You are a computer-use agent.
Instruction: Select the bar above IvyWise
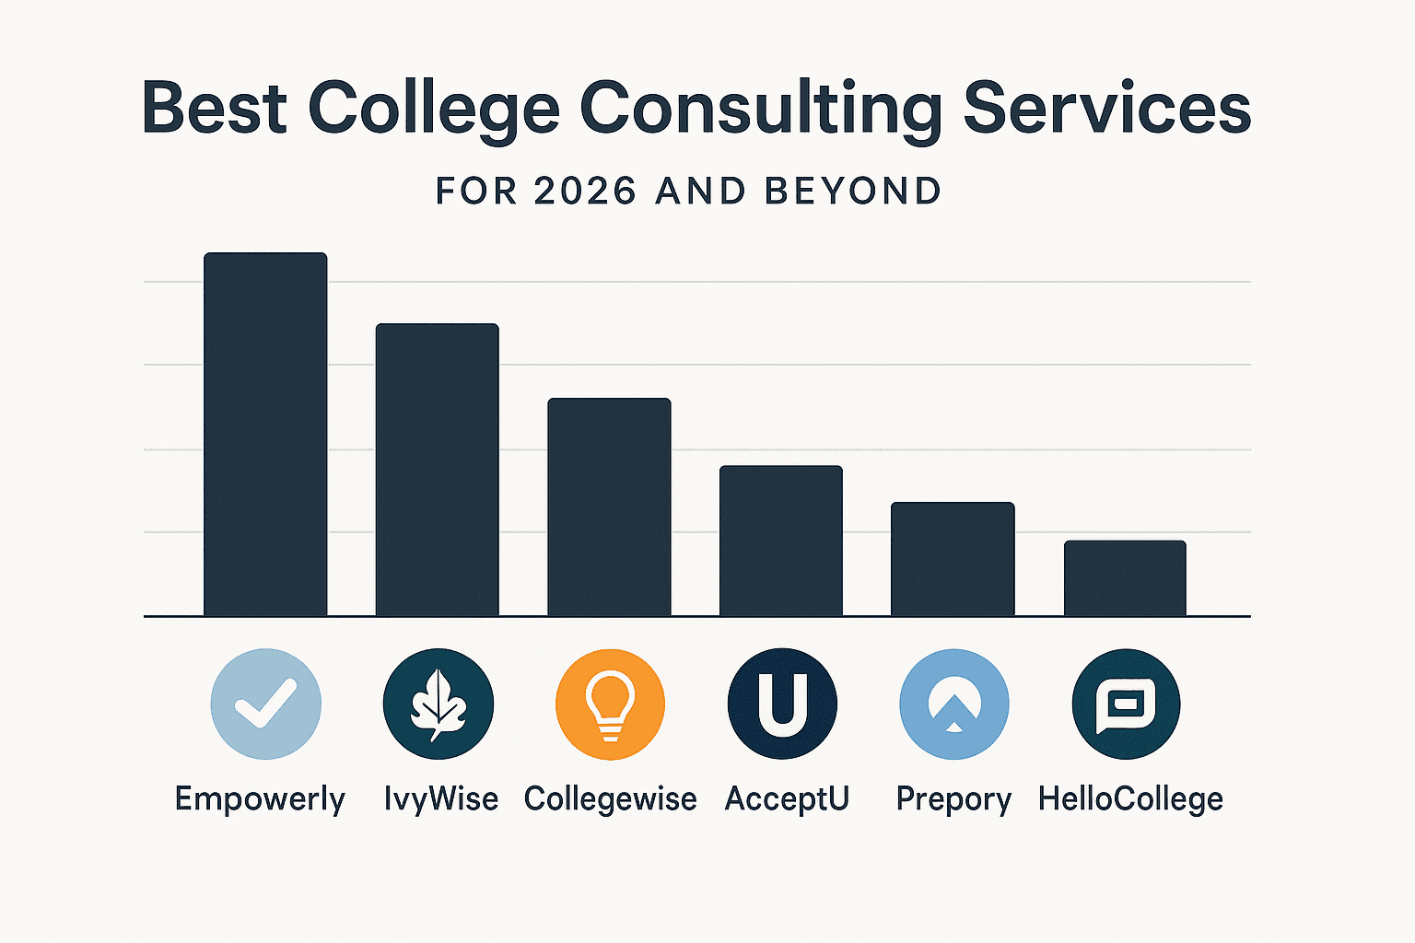[437, 470]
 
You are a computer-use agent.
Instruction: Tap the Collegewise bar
[609, 506]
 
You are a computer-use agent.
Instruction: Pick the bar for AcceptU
[781, 541]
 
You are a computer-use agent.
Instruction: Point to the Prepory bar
[953, 559]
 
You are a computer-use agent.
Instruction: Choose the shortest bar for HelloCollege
[1125, 578]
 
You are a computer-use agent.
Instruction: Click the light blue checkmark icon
[265, 704]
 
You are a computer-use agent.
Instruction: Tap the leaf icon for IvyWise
[438, 704]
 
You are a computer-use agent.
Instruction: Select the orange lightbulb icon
[610, 704]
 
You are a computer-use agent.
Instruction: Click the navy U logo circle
[782, 704]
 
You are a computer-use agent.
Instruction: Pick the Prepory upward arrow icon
[953, 704]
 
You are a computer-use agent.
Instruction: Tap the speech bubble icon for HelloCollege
[1126, 704]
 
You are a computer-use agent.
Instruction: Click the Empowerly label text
[260, 799]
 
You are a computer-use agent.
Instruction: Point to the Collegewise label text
[610, 799]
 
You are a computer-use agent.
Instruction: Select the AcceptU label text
[787, 799]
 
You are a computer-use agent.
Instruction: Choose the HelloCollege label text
[1130, 799]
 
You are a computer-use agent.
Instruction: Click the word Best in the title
[215, 109]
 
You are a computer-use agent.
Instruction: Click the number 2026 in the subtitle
[585, 192]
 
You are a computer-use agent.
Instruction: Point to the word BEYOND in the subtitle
[853, 192]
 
